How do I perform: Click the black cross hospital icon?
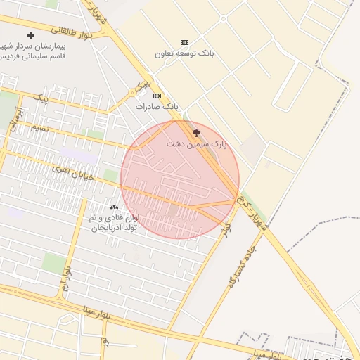pos(30,35)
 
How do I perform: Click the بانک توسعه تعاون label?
pos(184,53)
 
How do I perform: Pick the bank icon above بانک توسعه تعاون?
pos(184,42)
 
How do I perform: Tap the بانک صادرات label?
pos(157,106)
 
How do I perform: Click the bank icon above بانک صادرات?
pos(157,96)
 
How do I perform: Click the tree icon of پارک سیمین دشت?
pos(196,132)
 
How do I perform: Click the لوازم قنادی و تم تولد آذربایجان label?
pos(115,223)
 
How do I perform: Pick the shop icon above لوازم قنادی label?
pos(115,207)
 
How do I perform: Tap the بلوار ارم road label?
pos(65,278)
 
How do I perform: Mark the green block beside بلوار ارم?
pos(53,263)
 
